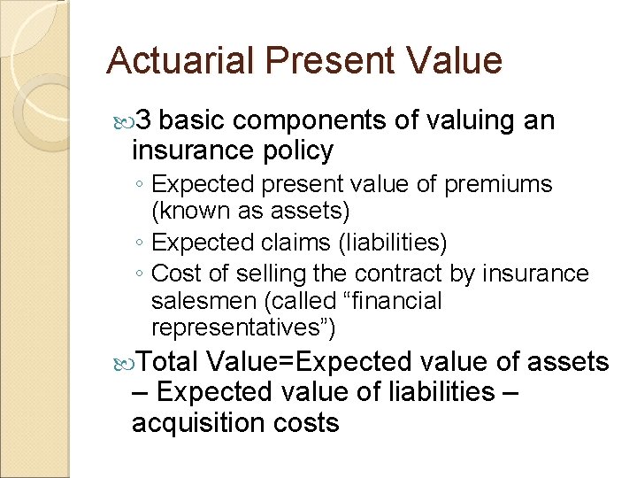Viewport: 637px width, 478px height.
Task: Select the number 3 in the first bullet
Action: [x=147, y=120]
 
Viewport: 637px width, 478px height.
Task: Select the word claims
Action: [x=296, y=243]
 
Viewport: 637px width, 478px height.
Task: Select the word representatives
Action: [x=242, y=329]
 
